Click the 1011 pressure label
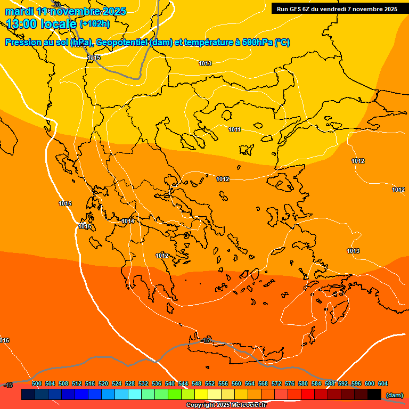(234, 129)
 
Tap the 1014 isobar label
(128, 221)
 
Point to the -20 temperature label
(56, 5)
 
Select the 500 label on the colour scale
(37, 383)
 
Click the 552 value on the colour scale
(210, 383)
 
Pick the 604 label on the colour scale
(383, 383)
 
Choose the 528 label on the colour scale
(130, 383)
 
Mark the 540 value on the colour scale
(170, 383)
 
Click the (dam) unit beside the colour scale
(394, 395)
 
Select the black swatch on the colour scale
(374, 395)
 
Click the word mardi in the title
(19, 11)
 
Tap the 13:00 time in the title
(22, 23)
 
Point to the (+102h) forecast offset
(94, 23)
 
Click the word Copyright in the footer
(201, 405)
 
